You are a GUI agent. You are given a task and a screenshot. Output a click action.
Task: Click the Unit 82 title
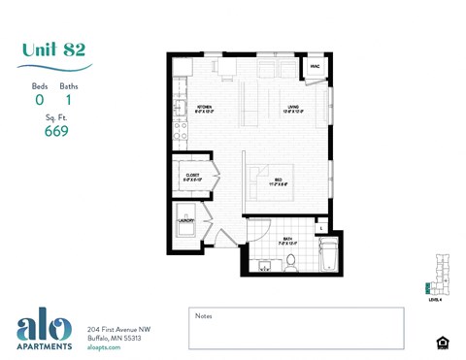[x=55, y=50]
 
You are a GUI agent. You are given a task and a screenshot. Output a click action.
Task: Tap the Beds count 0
[x=40, y=99]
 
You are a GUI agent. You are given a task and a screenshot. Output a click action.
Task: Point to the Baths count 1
[x=69, y=99]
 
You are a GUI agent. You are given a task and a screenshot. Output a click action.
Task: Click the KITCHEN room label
[x=205, y=109]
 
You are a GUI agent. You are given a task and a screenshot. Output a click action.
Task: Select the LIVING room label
[x=291, y=109]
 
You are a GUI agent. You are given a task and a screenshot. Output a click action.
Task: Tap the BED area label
[x=278, y=180]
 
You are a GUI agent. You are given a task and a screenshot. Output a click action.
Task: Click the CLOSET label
[x=192, y=177]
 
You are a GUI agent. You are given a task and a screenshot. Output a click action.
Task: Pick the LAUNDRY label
[x=185, y=221]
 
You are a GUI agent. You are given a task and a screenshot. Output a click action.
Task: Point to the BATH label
[x=288, y=240]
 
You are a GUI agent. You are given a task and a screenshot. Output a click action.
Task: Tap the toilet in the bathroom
[x=290, y=261]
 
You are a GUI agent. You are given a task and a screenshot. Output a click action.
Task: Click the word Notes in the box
[x=204, y=315]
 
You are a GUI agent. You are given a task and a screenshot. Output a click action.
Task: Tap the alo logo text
[x=43, y=327]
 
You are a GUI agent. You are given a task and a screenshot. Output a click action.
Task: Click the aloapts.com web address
[x=104, y=347]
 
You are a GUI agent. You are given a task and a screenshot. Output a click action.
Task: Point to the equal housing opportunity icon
[x=443, y=342]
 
